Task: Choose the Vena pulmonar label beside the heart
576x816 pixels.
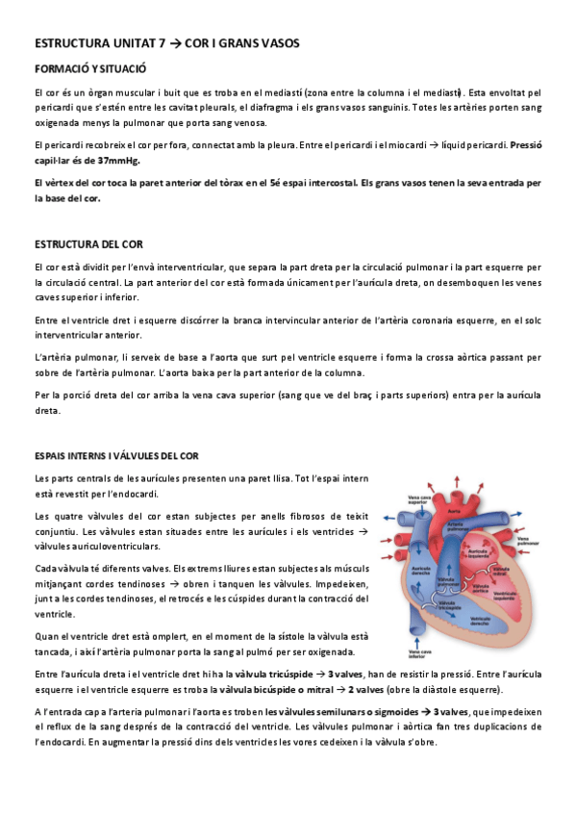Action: (518, 542)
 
